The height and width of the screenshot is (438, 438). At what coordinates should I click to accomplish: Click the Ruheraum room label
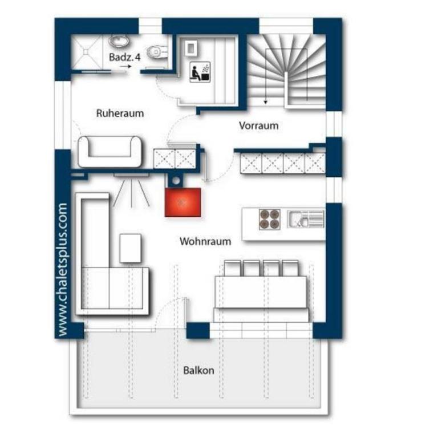click(120, 113)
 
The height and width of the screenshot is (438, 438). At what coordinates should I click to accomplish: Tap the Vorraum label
click(259, 125)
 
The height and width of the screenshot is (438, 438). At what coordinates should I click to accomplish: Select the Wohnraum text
click(205, 241)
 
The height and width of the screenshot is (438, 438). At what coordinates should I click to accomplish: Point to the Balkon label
click(198, 370)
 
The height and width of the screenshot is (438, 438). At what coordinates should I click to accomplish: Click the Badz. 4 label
click(124, 57)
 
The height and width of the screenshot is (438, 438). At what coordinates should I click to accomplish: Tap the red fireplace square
click(182, 202)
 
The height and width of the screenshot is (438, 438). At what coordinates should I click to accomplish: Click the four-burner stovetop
click(270, 219)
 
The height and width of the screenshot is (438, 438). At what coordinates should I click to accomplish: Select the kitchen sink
click(306, 219)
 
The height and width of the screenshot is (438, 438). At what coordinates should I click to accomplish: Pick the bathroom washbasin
click(119, 42)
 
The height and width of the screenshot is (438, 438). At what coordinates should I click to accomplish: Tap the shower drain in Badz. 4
click(86, 52)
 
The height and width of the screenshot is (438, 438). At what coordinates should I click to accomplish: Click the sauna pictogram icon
click(200, 72)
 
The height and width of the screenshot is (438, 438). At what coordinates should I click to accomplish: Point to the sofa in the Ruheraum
click(110, 152)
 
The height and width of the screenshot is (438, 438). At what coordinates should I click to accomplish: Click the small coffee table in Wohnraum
click(130, 248)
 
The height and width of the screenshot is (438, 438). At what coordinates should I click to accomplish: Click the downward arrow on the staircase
click(266, 76)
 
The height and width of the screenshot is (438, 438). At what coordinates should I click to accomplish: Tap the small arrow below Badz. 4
click(125, 67)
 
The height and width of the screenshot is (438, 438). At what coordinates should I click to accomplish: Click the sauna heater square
click(192, 48)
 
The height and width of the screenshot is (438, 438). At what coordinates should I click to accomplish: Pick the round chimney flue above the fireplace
click(176, 181)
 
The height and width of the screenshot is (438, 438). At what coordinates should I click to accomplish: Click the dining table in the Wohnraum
click(261, 292)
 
